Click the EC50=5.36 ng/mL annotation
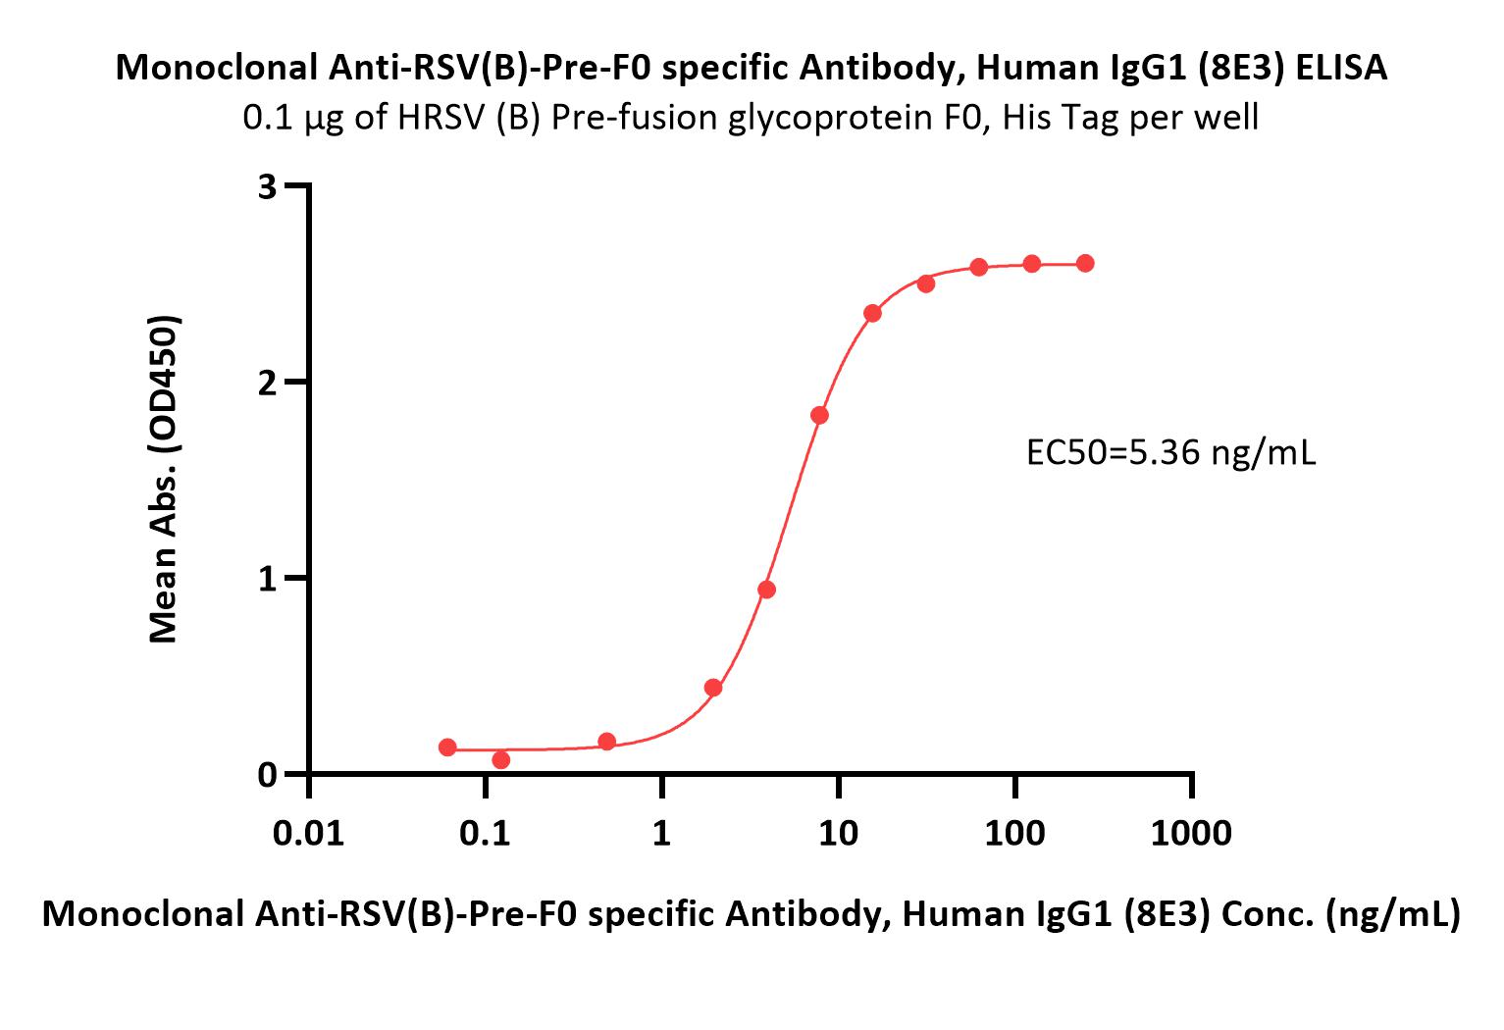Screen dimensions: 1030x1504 [1170, 453]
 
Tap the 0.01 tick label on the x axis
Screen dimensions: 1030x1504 [308, 833]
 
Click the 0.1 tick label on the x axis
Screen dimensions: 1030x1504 [485, 833]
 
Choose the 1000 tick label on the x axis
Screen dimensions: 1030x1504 [1192, 833]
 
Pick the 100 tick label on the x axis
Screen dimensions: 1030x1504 [1015, 833]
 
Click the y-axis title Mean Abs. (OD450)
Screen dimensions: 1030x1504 [164, 479]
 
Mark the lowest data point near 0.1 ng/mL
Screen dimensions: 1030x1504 [500, 759]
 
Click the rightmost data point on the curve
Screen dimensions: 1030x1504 [1085, 263]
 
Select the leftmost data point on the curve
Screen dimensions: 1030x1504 [447, 747]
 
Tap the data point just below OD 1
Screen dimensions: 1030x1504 [766, 590]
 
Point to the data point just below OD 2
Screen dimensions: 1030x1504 [819, 415]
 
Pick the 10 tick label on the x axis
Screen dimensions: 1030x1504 [838, 833]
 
